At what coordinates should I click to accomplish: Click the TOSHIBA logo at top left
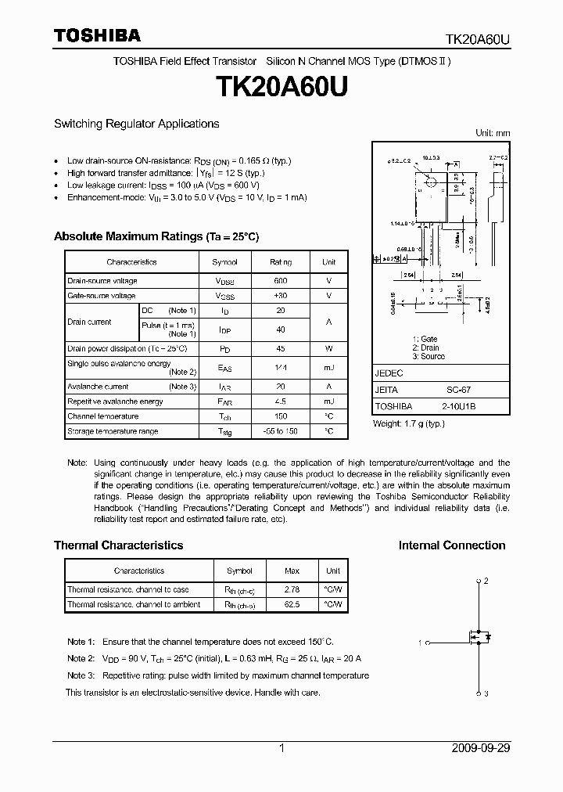click(x=97, y=35)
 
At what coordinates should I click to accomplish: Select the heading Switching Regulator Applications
click(x=136, y=124)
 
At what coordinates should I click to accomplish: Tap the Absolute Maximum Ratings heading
click(x=156, y=236)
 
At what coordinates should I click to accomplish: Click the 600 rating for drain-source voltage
click(x=281, y=281)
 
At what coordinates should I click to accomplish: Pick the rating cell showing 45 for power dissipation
click(x=281, y=349)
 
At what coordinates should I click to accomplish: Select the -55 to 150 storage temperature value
click(x=281, y=431)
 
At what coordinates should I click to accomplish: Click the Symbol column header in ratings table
click(x=225, y=262)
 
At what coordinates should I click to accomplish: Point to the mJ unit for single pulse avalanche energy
click(x=328, y=368)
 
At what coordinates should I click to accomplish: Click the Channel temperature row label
click(x=102, y=416)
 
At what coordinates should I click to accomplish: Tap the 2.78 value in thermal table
click(x=291, y=589)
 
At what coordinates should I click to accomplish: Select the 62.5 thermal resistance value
click(x=291, y=604)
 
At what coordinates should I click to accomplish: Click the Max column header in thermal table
click(x=291, y=571)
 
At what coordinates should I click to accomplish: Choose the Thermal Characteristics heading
click(x=118, y=545)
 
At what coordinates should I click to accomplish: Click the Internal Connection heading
click(x=452, y=545)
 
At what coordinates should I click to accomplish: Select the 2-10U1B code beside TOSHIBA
click(x=454, y=407)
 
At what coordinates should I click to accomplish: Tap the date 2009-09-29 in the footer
click(x=481, y=748)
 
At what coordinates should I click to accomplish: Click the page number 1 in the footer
click(x=281, y=748)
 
